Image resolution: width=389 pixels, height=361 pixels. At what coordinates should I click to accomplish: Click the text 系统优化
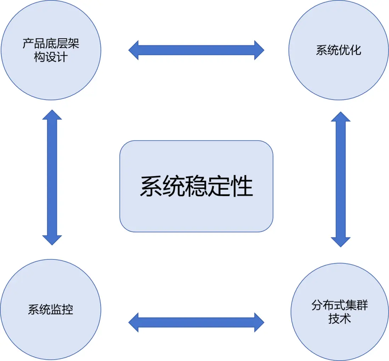click(x=339, y=50)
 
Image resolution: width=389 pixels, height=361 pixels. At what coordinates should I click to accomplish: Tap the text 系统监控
click(x=51, y=310)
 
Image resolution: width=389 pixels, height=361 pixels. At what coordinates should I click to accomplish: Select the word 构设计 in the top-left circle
click(x=51, y=57)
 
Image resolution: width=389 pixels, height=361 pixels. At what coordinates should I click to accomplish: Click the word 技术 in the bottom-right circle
click(x=339, y=319)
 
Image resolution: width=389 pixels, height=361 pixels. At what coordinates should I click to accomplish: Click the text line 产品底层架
click(x=51, y=44)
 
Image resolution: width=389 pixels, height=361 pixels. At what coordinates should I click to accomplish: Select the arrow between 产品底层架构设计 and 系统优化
click(x=196, y=50)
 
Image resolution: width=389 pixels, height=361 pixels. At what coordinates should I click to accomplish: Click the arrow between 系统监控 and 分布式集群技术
click(x=196, y=322)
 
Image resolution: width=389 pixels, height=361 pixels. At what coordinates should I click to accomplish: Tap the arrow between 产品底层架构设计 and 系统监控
click(x=52, y=177)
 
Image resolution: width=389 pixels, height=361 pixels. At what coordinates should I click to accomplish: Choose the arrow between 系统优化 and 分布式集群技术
click(x=340, y=179)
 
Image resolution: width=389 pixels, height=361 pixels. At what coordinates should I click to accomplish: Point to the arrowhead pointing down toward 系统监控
click(x=52, y=240)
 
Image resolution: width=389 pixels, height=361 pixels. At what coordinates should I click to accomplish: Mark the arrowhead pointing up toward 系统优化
click(x=340, y=117)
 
